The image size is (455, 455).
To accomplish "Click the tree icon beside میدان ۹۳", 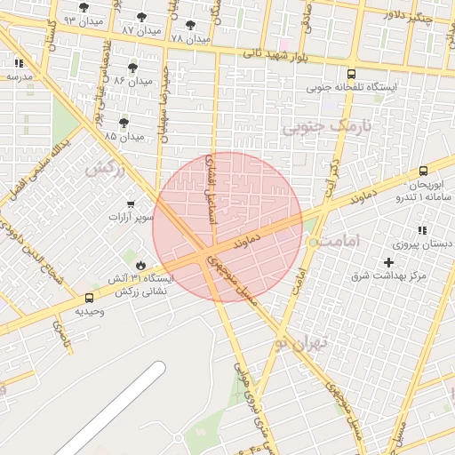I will (x=84, y=7).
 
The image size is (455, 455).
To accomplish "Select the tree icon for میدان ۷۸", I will (x=190, y=25).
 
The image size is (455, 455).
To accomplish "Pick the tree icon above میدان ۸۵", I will (x=123, y=122).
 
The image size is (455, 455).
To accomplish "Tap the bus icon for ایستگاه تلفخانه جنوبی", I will (x=352, y=75).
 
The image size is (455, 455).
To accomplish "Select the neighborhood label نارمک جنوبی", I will (x=323, y=128).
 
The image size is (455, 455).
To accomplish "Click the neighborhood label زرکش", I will (x=104, y=168).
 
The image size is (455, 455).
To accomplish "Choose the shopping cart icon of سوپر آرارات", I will (x=132, y=204).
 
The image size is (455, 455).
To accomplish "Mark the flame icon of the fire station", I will (x=140, y=265).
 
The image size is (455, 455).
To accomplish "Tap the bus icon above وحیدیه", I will (x=89, y=299).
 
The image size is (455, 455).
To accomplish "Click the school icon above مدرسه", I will (x=19, y=63).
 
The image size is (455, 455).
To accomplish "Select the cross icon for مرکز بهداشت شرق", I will (x=388, y=262).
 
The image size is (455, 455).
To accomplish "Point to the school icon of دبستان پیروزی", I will (x=423, y=230).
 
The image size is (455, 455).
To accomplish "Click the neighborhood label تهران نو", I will (x=301, y=341).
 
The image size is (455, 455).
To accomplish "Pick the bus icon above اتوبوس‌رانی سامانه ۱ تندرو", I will (x=423, y=171).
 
